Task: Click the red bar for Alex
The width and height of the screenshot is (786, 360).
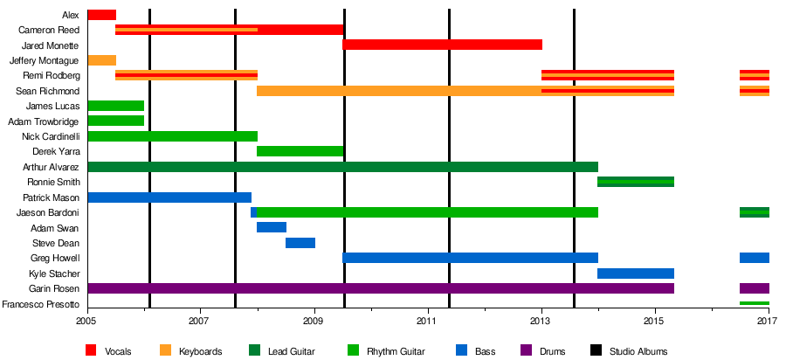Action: click(101, 14)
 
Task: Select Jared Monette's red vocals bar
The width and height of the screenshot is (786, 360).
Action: click(442, 45)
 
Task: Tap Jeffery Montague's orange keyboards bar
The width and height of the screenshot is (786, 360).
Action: click(101, 60)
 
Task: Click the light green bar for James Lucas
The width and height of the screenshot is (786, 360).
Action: click(115, 106)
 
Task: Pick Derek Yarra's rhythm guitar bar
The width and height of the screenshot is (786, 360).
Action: click(300, 151)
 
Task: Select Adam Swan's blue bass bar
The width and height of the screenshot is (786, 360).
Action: click(271, 227)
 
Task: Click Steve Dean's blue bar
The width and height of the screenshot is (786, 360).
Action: click(300, 243)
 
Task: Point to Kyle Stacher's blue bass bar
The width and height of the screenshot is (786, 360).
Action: click(635, 273)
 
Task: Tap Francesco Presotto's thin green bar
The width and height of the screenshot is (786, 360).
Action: click(754, 303)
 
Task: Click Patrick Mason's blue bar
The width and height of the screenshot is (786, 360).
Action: click(169, 197)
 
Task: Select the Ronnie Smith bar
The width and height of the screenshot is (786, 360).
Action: click(635, 182)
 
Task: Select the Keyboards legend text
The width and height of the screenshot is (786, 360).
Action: click(200, 351)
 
